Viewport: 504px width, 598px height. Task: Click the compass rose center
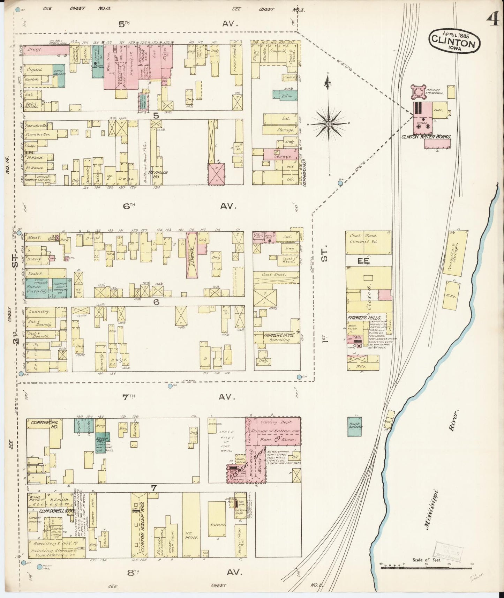(x=329, y=124)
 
